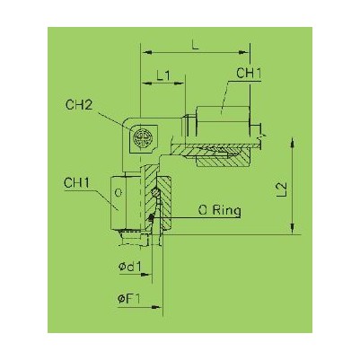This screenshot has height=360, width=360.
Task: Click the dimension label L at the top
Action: pyautogui.click(x=196, y=46)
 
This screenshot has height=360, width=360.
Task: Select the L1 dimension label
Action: pyautogui.click(x=163, y=76)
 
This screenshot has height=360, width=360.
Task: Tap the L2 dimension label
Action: pyautogui.click(x=282, y=189)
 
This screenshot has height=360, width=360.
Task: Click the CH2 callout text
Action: pyautogui.click(x=80, y=105)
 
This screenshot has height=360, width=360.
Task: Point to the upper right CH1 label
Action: pyautogui.click(x=249, y=74)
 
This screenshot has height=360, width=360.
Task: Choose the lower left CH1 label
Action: pyautogui.click(x=77, y=183)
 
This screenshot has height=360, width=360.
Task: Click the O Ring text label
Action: pyautogui.click(x=219, y=211)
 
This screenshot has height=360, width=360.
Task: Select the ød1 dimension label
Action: pyautogui.click(x=129, y=266)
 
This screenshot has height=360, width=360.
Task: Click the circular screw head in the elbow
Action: pyautogui.click(x=143, y=138)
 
